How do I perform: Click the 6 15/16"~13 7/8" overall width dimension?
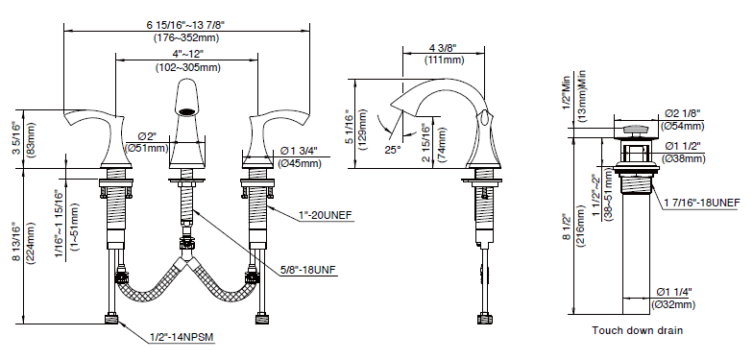point(186,25)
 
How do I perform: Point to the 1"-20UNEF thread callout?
point(327,215)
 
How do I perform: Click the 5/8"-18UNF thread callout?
point(309,271)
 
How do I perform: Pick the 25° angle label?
point(392,150)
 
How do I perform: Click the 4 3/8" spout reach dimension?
point(443,47)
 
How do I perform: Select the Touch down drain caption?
point(638,330)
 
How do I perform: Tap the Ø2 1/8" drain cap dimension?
point(682,113)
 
